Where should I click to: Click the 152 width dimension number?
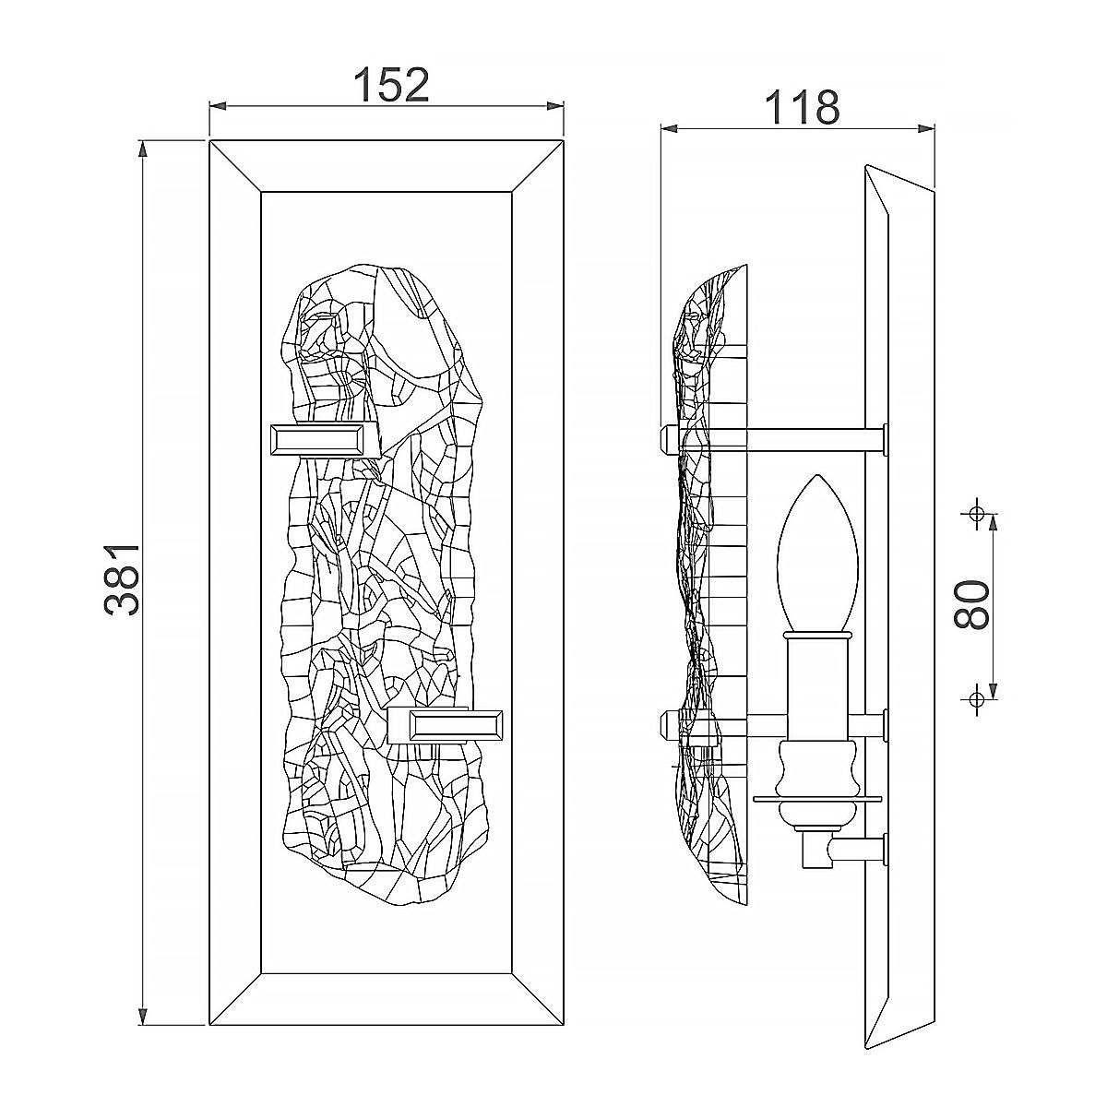click(x=391, y=85)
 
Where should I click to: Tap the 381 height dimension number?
click(x=123, y=579)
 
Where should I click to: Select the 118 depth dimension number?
click(x=803, y=107)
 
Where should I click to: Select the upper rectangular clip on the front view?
click(x=324, y=441)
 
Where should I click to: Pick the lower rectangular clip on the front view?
click(x=446, y=726)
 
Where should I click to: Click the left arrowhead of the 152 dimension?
click(x=217, y=106)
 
